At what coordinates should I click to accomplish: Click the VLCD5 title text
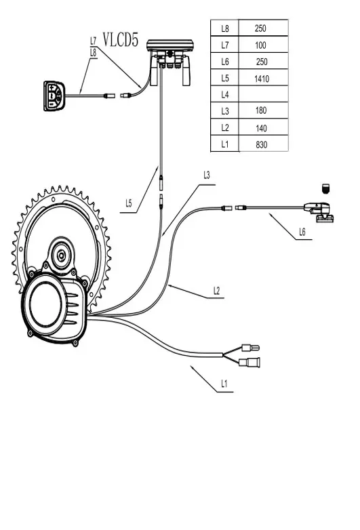(x=120, y=39)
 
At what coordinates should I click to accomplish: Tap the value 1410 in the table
(x=262, y=79)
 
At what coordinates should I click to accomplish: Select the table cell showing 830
(x=261, y=144)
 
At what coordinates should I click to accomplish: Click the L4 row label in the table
(x=225, y=95)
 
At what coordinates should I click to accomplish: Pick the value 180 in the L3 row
(x=261, y=110)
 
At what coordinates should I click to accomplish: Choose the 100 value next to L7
(x=260, y=45)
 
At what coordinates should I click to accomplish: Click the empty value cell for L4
(x=263, y=94)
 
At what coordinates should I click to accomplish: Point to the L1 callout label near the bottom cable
(x=224, y=384)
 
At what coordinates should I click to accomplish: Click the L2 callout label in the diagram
(x=217, y=291)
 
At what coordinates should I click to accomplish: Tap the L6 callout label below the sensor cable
(x=302, y=232)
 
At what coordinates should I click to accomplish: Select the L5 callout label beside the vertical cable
(x=128, y=203)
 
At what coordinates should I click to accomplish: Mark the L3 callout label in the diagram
(x=207, y=175)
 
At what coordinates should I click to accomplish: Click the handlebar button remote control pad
(x=54, y=96)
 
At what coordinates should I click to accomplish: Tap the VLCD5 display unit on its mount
(x=170, y=62)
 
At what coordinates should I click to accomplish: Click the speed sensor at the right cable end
(x=319, y=212)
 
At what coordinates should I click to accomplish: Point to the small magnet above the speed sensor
(x=325, y=188)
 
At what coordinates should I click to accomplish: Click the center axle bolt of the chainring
(x=61, y=256)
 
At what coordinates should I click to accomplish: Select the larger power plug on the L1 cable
(x=249, y=363)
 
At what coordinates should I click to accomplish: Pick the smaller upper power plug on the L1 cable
(x=251, y=348)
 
